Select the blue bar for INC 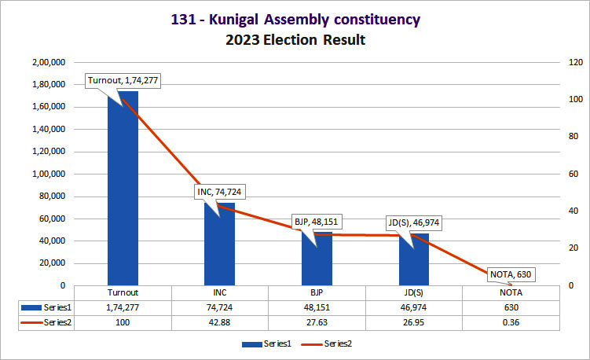click(x=220, y=244)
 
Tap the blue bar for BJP click(x=317, y=259)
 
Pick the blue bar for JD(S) click(x=414, y=259)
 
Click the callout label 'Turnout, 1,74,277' click(x=124, y=81)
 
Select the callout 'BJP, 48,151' click(x=317, y=221)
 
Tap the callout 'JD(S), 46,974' click(x=413, y=222)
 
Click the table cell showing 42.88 click(x=220, y=322)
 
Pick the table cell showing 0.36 click(x=511, y=322)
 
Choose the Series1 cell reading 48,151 click(x=317, y=307)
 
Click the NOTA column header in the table click(x=511, y=292)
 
